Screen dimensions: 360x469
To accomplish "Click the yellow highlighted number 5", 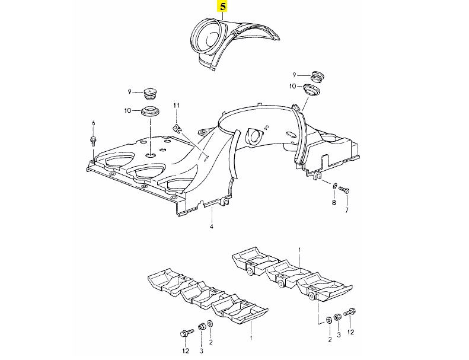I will (222, 7).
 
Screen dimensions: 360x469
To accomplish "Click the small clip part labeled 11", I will (177, 127).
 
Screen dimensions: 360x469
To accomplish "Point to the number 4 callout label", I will (210, 227).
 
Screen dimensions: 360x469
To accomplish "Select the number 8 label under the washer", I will (333, 203).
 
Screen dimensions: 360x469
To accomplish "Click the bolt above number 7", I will (346, 190).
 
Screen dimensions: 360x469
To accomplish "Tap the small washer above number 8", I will (335, 186).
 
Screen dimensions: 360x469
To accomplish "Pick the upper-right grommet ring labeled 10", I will (312, 90).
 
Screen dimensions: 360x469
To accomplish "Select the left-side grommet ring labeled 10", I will (152, 111).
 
